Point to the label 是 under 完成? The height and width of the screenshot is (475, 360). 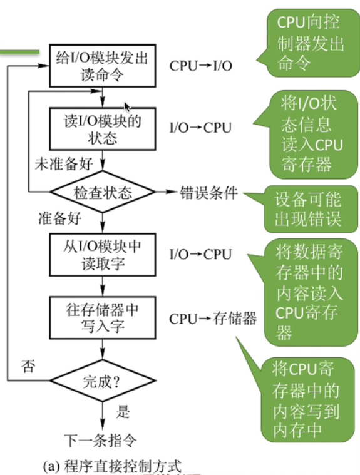(x=123, y=412)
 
